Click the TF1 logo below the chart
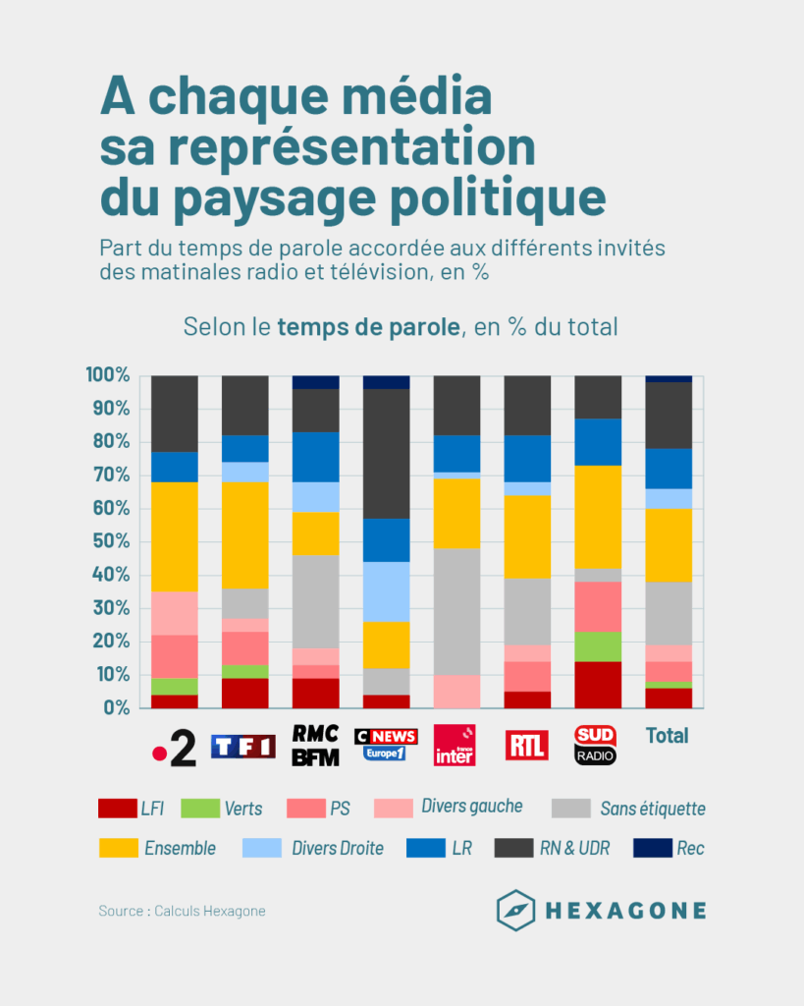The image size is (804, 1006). point(245,747)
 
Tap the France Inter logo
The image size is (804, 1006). point(456,746)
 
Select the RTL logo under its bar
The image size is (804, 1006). point(527,746)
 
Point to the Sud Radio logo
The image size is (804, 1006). point(597,746)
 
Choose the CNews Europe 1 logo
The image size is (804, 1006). point(386,746)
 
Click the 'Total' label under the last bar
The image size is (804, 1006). point(668,736)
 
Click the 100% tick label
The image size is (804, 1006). point(107,375)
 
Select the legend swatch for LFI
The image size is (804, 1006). point(118,809)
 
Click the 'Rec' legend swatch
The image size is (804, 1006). point(652,847)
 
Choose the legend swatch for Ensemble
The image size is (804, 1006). point(118,847)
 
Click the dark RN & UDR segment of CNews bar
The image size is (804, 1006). point(386,453)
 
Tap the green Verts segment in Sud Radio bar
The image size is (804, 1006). point(597,646)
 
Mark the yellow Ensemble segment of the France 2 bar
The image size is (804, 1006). point(175,536)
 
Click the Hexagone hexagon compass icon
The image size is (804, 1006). point(515,910)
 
